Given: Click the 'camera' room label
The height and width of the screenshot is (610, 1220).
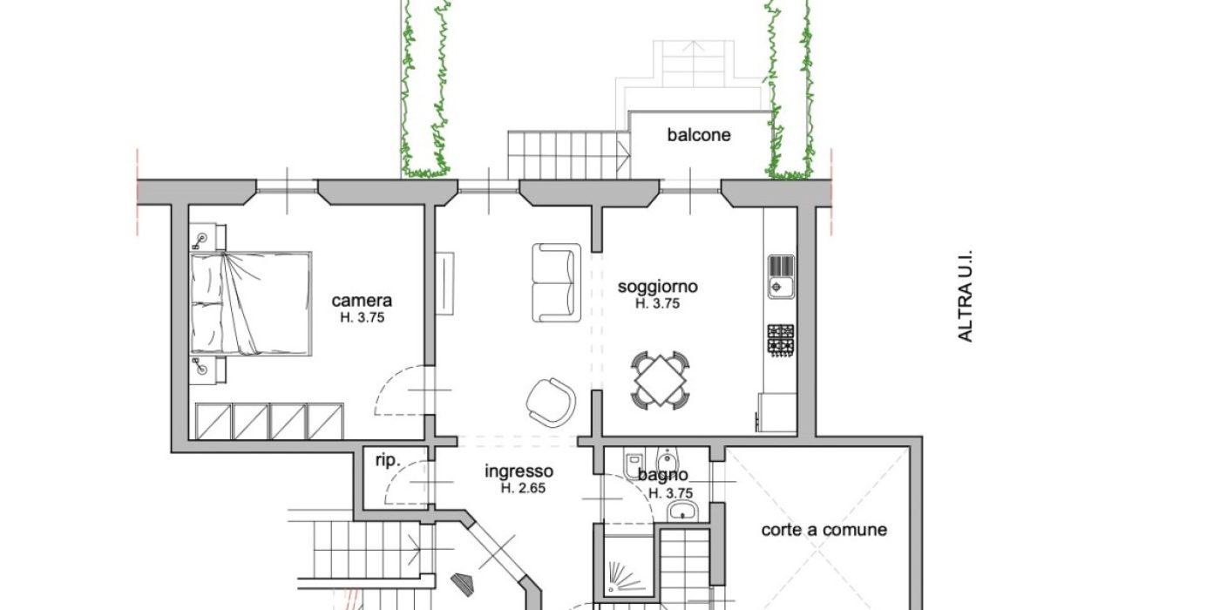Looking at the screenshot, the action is click(362, 301).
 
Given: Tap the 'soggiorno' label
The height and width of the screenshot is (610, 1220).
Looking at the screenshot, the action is click(657, 287).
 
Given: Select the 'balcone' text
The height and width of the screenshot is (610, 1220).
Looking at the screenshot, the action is click(699, 135).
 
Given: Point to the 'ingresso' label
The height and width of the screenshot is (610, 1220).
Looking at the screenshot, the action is click(518, 471).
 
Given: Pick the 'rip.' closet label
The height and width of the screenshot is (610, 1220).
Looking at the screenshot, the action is click(388, 461).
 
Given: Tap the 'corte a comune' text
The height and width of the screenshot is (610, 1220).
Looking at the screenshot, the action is click(824, 530).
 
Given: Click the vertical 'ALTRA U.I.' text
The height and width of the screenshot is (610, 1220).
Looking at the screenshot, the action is click(965, 296).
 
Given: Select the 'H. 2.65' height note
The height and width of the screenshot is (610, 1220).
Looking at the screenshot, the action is click(523, 489).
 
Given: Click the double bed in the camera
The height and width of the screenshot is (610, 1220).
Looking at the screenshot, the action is click(251, 303).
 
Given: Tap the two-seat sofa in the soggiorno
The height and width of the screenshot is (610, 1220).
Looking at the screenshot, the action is click(556, 282).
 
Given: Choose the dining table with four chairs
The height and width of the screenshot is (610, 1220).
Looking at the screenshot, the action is click(661, 380).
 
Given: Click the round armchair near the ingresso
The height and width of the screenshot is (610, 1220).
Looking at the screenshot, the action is click(551, 402).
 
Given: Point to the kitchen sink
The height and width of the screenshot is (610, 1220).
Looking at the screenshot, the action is click(781, 277).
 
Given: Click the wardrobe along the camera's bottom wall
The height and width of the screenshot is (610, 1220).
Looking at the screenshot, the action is click(269, 421).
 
